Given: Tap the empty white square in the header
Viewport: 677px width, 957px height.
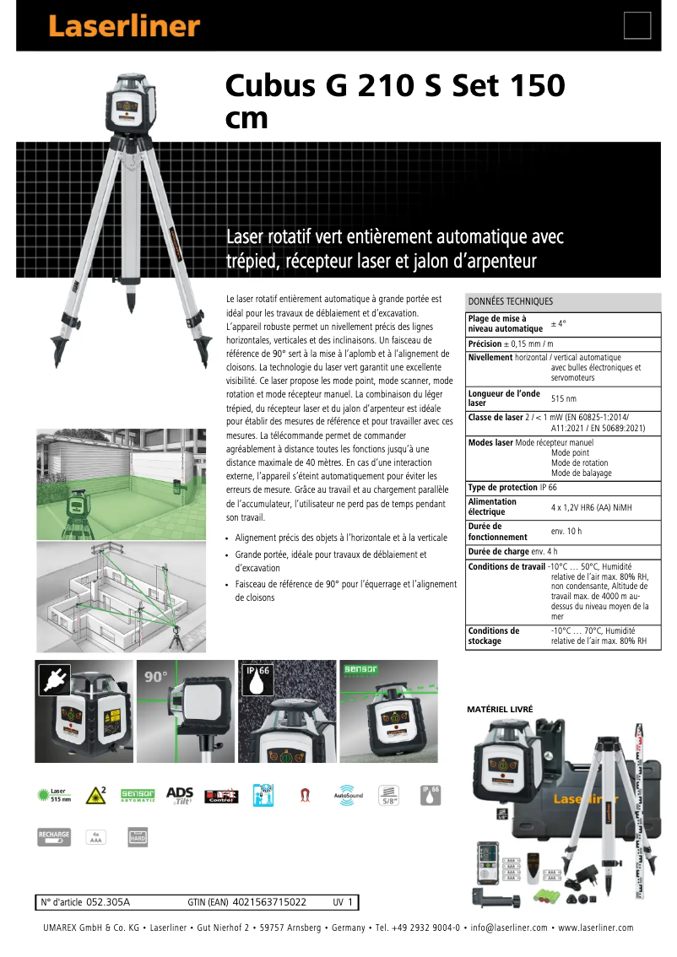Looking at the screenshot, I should pos(637,26).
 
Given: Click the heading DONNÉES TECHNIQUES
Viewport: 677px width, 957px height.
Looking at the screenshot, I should pos(511,301).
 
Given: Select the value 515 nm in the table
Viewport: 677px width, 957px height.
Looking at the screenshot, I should pos(564,398).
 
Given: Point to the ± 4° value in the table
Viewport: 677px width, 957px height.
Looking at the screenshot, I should pos(559,323).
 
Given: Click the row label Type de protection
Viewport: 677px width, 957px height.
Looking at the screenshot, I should pos(502,488).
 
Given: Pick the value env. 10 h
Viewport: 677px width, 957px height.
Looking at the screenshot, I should pos(566,531).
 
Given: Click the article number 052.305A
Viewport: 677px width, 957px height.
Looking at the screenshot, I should pos(108,902).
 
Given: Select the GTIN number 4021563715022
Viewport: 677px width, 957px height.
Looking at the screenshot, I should pos(268,902).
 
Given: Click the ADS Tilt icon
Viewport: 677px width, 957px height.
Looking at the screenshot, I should pos(180,795).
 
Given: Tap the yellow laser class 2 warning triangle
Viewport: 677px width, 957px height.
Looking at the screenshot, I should pos(96,795).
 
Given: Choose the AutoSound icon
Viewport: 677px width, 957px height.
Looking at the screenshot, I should pos(349,795).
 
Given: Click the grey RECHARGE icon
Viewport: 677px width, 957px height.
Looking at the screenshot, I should pos(54,837).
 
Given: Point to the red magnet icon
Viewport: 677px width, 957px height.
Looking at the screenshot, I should pos(305,796).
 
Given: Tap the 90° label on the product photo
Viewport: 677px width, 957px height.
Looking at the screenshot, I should pos(156,677).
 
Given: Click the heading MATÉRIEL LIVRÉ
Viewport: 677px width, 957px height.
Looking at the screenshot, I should pos(500,710).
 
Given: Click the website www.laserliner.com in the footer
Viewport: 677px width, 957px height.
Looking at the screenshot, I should pos(596,927).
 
